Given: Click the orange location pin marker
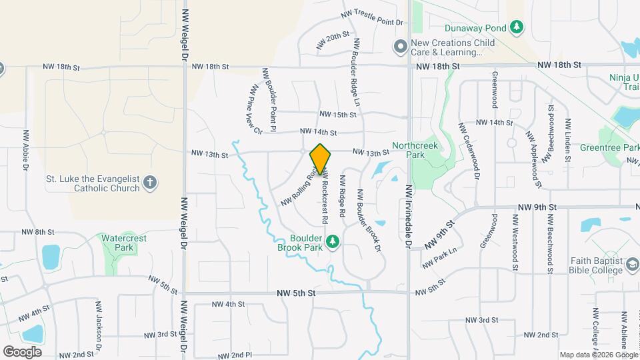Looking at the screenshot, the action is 320,158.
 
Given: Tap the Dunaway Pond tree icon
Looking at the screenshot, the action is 516,27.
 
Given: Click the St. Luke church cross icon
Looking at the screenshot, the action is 151,181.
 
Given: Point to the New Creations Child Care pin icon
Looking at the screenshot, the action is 400,46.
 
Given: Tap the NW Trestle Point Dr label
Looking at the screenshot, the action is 373,18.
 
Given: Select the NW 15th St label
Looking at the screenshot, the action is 338,115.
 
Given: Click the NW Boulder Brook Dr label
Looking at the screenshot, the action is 369,221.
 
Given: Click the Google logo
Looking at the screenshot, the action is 22,351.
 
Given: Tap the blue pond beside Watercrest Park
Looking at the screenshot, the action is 51,257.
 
